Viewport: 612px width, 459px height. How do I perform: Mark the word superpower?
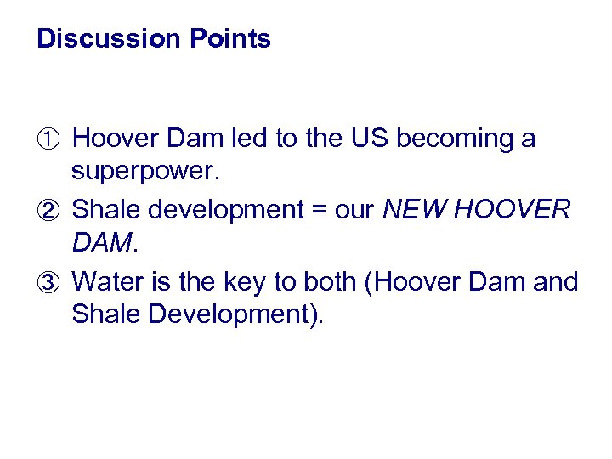pos(145,173)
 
